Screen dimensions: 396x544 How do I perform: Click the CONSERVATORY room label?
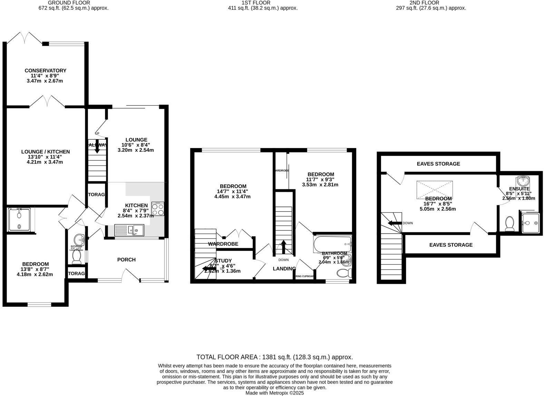point(45,70)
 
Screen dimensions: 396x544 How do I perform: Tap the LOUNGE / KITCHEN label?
point(45,151)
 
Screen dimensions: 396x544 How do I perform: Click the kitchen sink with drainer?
point(129,230)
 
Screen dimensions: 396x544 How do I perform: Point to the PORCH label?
point(126,260)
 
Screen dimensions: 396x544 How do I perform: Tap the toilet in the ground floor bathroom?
point(77,257)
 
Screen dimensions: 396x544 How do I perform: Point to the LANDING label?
point(284,269)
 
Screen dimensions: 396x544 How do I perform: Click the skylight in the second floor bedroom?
point(434,189)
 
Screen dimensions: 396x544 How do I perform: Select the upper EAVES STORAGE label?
point(438,164)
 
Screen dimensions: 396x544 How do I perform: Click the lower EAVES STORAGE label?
point(450,245)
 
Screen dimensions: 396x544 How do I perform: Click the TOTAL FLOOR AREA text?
point(274,357)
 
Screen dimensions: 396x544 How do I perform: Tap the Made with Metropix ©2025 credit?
point(274,393)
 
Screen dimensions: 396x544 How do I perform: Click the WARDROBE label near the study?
point(223,244)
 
